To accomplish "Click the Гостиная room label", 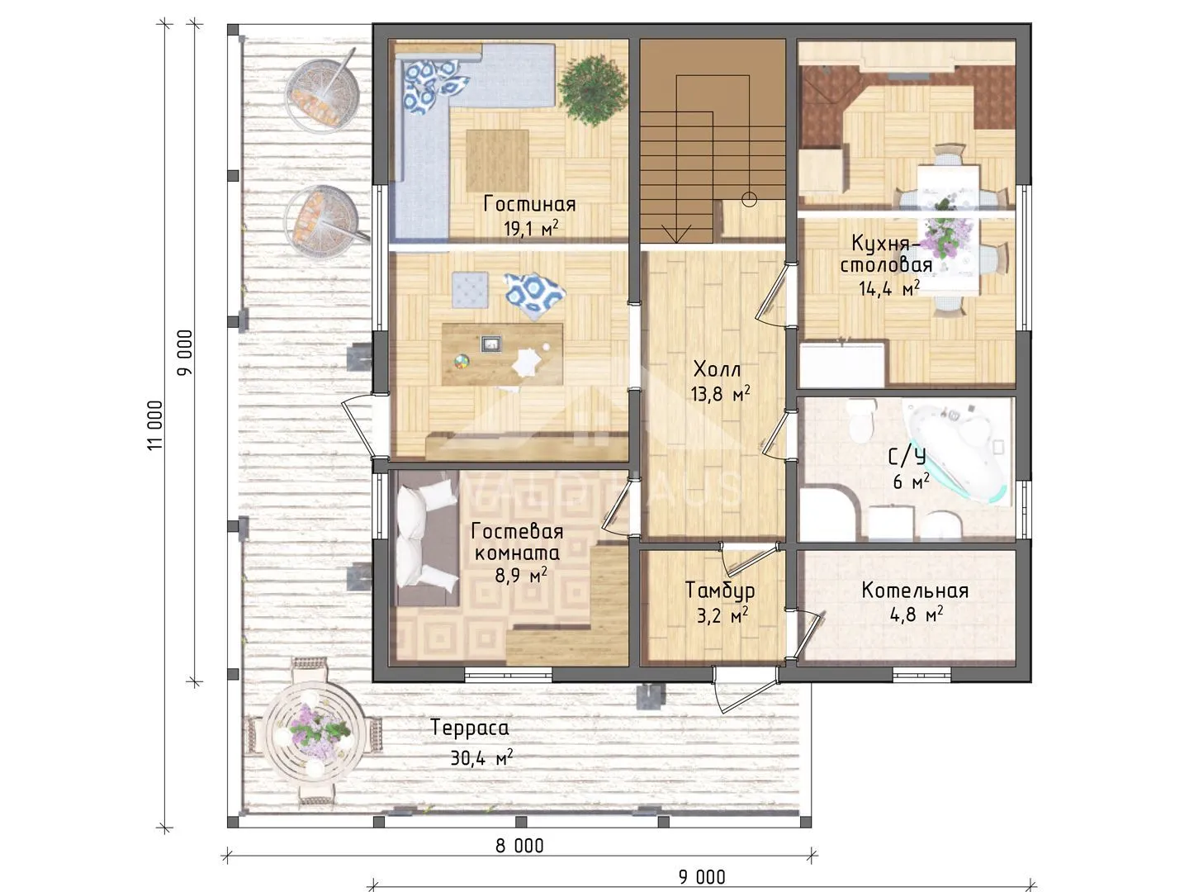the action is tap(529, 204).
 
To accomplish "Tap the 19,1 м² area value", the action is tap(530, 229).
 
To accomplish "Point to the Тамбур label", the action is tap(720, 591).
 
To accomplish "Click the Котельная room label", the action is tap(915, 591).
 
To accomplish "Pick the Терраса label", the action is tap(470, 728).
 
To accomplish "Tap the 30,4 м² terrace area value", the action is tap(481, 757).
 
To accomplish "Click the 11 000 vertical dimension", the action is tap(155, 425).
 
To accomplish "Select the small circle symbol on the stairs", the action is tap(749, 199).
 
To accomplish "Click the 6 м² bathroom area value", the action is tap(912, 481).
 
